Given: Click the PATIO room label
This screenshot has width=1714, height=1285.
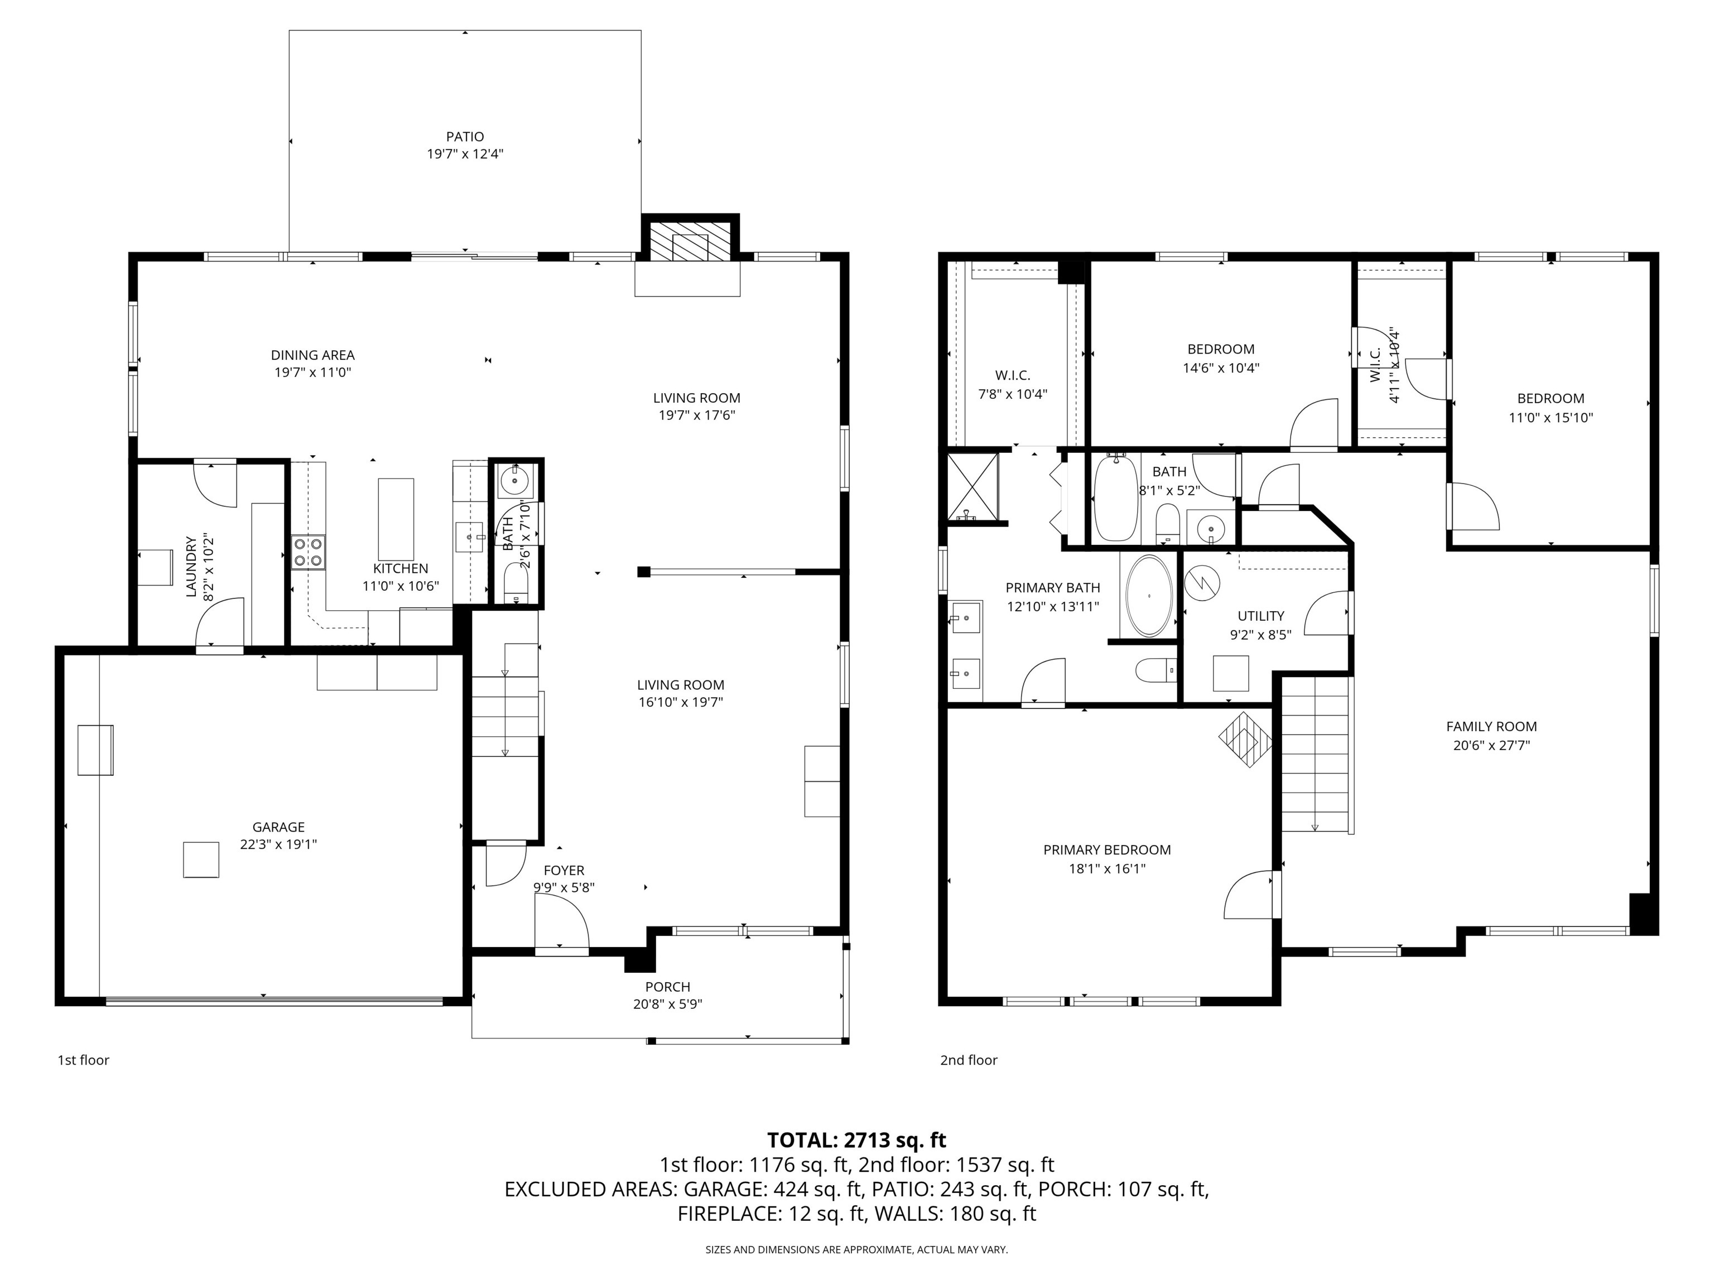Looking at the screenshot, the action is pyautogui.click(x=465, y=136).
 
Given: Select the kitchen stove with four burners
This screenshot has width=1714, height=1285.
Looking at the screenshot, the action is pyautogui.click(x=309, y=552).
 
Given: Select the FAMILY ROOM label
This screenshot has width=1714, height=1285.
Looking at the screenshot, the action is pyautogui.click(x=1491, y=727).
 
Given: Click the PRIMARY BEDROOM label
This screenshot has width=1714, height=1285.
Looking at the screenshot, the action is pyautogui.click(x=1106, y=850).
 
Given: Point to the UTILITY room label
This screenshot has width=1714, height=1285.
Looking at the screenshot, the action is pyautogui.click(x=1261, y=616).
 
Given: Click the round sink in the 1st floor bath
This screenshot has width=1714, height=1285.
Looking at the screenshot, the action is pyautogui.click(x=514, y=481).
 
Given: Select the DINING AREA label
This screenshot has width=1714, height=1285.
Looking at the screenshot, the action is pyautogui.click(x=312, y=355).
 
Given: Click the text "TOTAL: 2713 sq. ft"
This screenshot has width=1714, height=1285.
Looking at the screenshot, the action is pyautogui.click(x=856, y=1140).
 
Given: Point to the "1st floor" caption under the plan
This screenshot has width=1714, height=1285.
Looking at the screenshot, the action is pyautogui.click(x=83, y=1060).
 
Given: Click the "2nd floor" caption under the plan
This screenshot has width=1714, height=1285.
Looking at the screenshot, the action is pyautogui.click(x=969, y=1060).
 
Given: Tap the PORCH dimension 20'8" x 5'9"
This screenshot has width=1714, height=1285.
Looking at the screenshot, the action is pyautogui.click(x=667, y=1004).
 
